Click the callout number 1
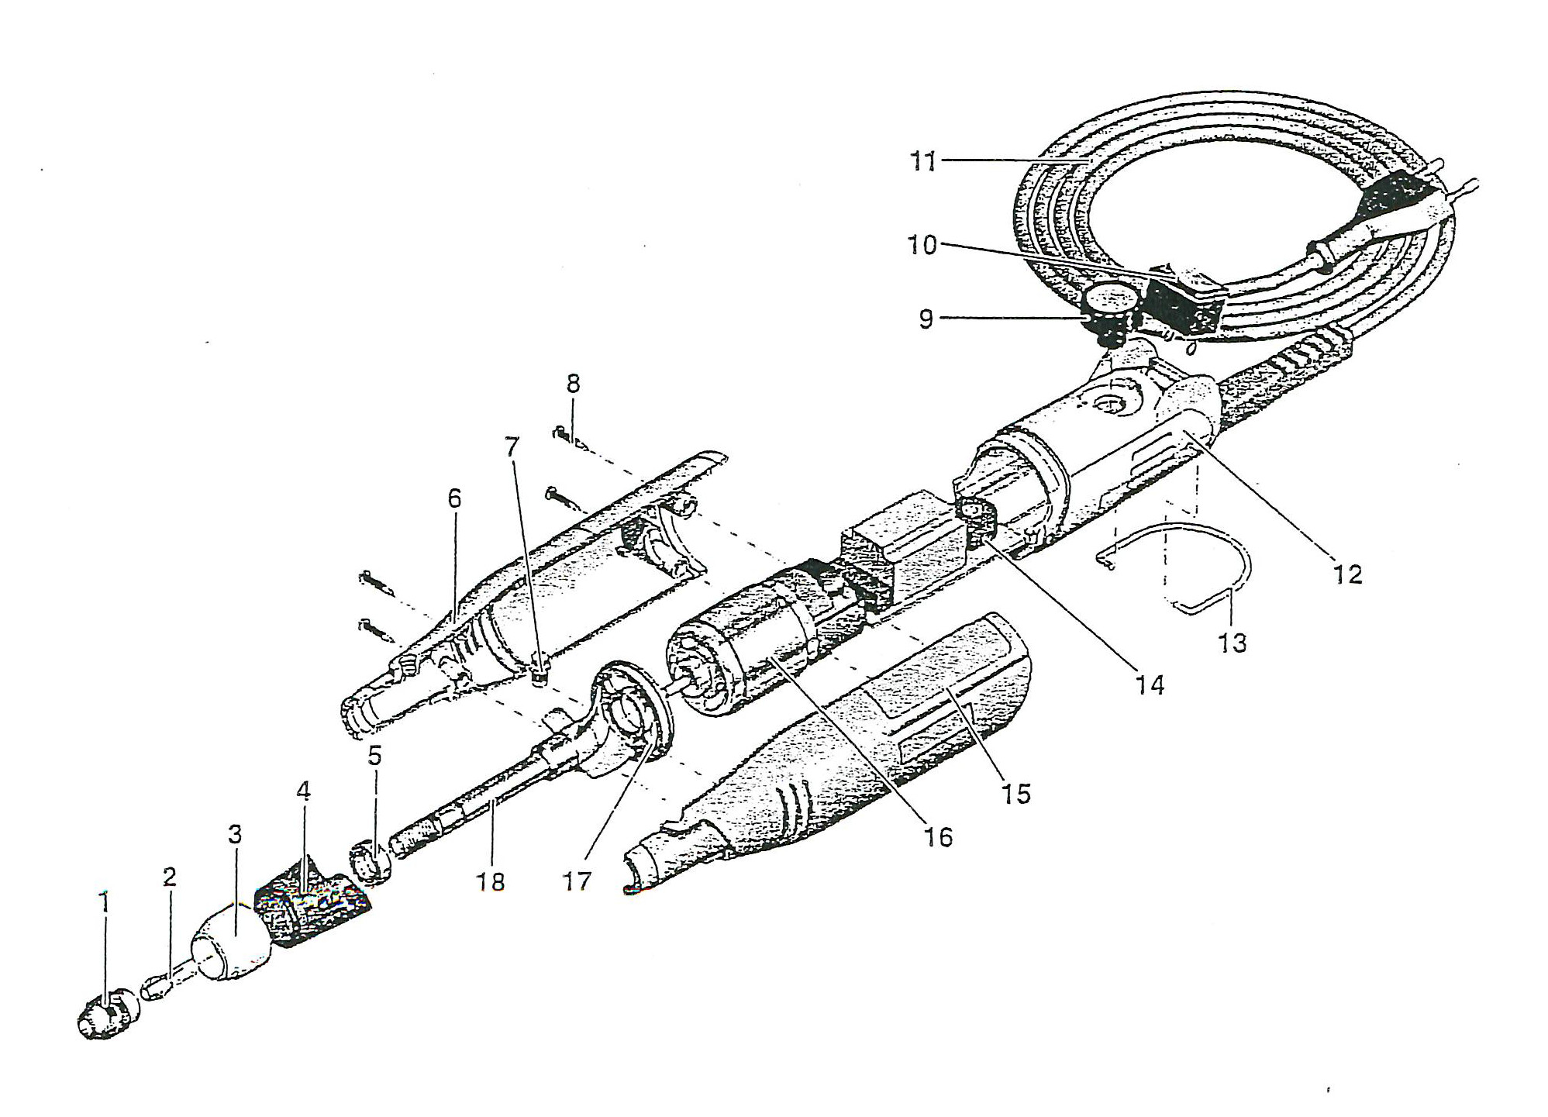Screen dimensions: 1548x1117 tap(105, 903)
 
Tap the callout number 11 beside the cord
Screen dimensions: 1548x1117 tap(923, 162)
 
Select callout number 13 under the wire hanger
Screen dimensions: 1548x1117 tap(1233, 643)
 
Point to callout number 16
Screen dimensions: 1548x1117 tap(939, 836)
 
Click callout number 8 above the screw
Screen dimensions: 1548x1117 tap(573, 384)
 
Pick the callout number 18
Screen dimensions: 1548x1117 tap(491, 881)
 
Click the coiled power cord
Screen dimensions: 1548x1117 tap(1240, 225)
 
